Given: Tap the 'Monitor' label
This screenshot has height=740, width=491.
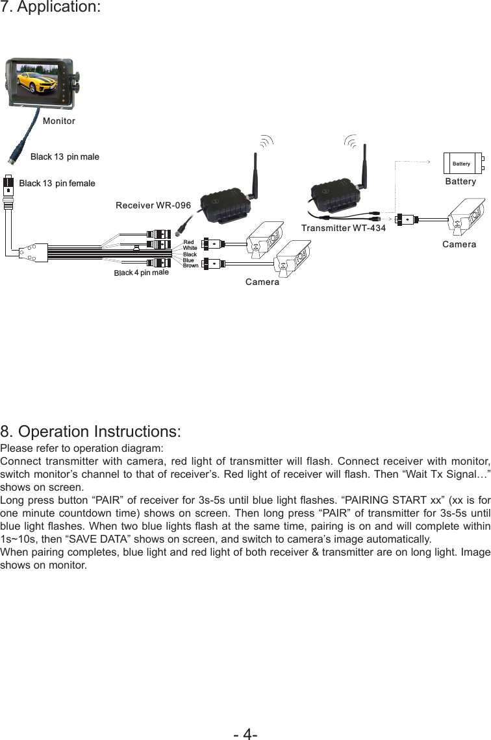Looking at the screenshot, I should pos(59,121).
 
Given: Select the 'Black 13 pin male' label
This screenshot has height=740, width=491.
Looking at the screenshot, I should pos(65,157).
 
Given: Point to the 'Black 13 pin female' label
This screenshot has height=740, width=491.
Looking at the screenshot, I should pos(57,184).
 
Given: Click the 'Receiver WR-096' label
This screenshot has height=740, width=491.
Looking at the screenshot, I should pos(153,206).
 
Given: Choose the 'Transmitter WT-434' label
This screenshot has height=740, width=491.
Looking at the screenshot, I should pos(344,228).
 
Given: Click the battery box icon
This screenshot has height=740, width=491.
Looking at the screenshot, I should pos(462,164).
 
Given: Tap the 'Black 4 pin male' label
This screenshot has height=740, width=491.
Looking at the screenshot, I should pos(141,273).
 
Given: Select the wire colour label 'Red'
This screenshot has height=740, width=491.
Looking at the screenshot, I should pos(188,242).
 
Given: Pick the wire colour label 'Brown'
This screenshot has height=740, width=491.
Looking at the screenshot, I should pos(190,266).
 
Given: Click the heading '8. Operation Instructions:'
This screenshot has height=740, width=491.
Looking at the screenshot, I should pos(90,432).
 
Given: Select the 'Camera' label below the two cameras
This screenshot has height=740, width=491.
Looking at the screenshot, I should pos(262,282).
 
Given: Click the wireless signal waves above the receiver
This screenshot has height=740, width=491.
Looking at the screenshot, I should pos(266,142).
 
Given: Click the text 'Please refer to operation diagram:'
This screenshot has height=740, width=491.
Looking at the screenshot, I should pos(82,449).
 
